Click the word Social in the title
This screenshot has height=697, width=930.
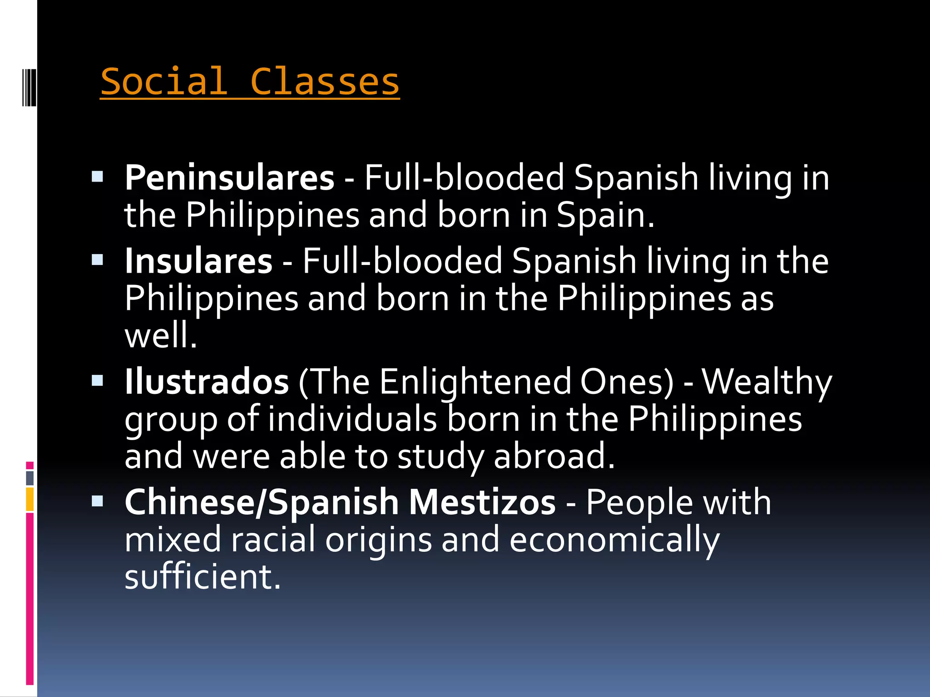pyautogui.click(x=164, y=82)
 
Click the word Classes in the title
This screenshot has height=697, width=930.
pyautogui.click(x=325, y=82)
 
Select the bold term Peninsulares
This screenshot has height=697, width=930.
pyautogui.click(x=229, y=177)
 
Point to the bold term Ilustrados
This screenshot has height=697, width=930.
pyautogui.click(x=207, y=382)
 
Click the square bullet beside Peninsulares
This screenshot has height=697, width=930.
pyautogui.click(x=97, y=176)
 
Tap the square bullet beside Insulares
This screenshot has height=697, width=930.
pyautogui.click(x=97, y=260)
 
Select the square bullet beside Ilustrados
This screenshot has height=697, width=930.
pyautogui.click(x=97, y=380)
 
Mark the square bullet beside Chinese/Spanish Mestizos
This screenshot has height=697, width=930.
pyautogui.click(x=97, y=501)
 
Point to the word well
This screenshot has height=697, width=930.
pyautogui.click(x=160, y=336)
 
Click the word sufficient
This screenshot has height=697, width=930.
pyautogui.click(x=203, y=577)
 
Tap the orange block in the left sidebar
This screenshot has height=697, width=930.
pyautogui.click(x=30, y=499)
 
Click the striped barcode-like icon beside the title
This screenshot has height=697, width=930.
pyautogui.click(x=29, y=87)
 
